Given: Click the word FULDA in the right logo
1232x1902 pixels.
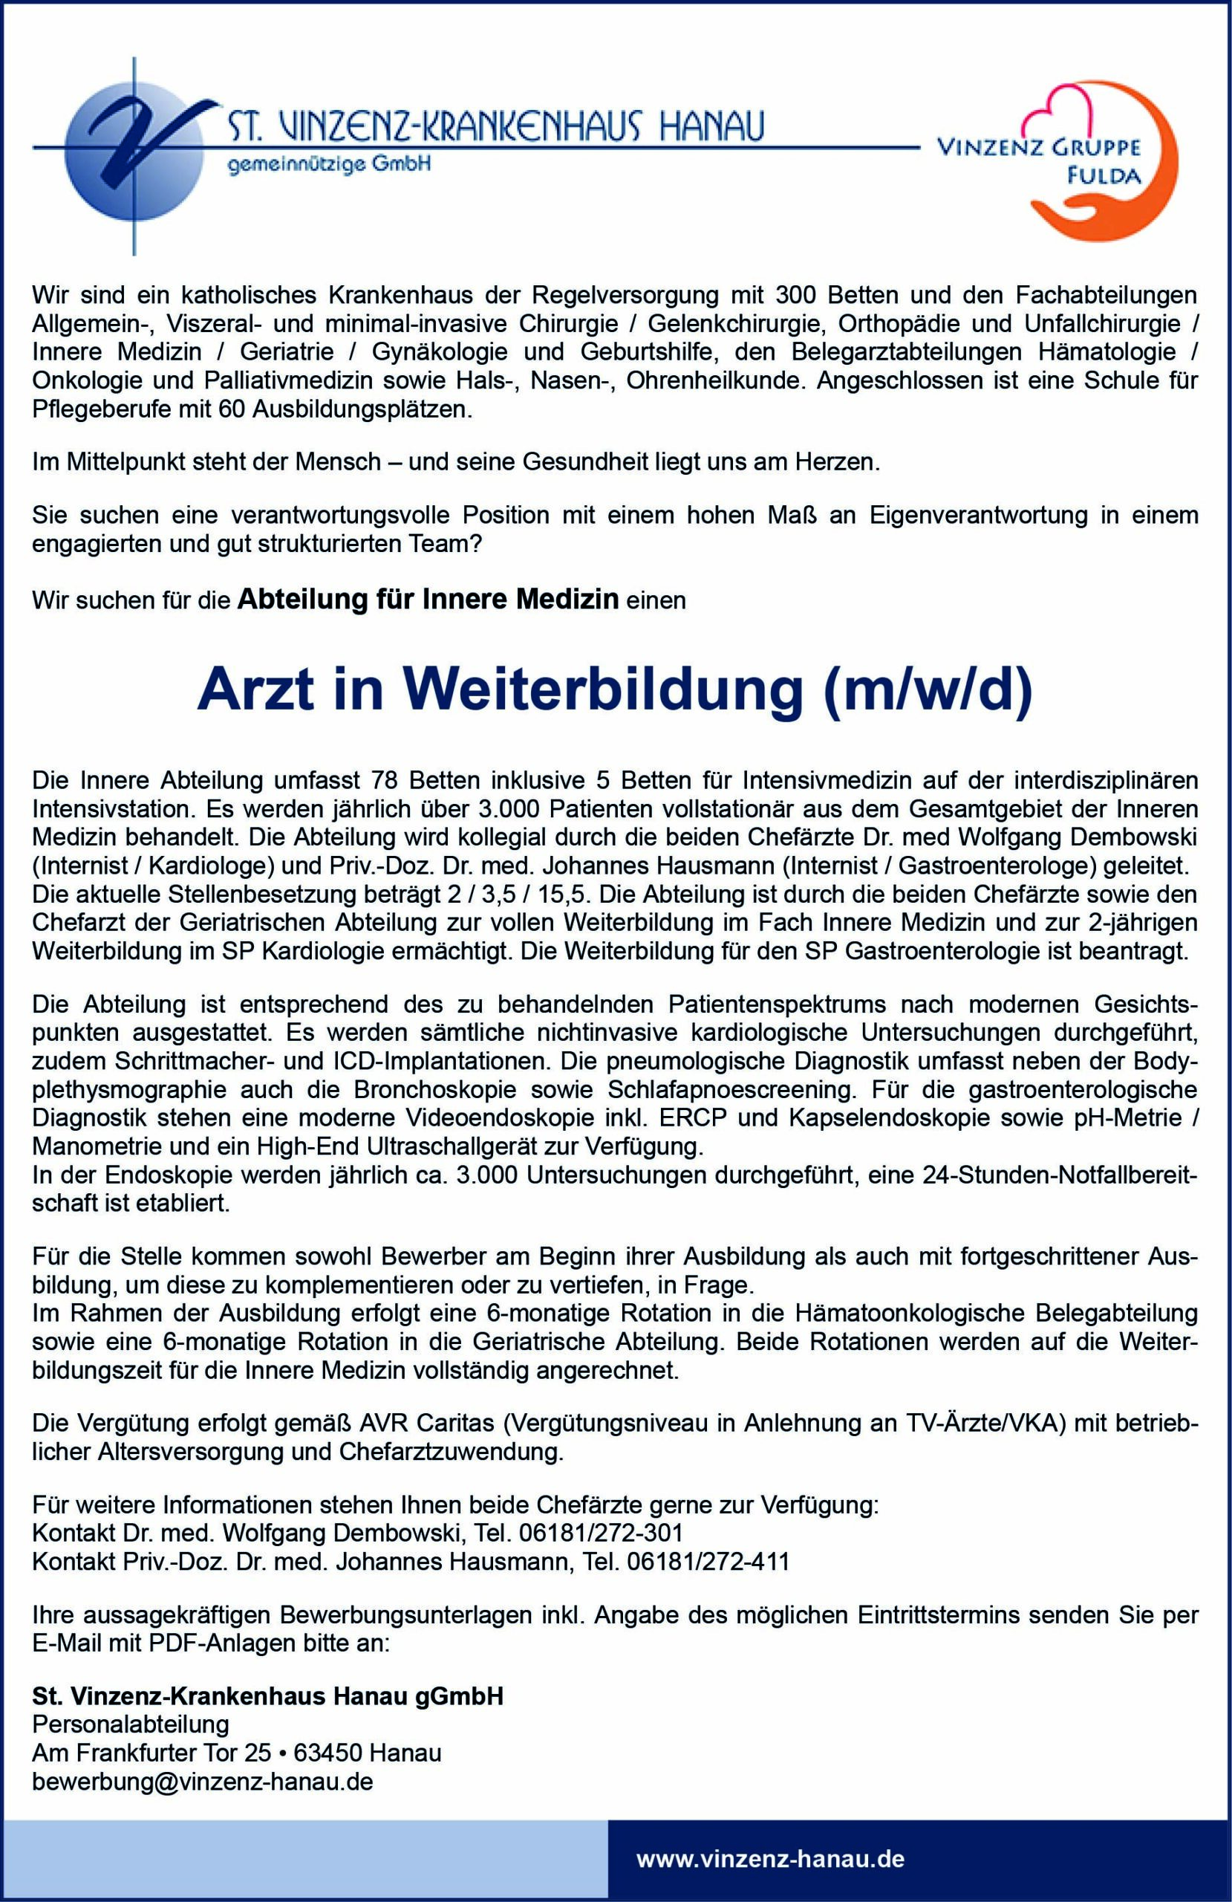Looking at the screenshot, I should [x=1105, y=177].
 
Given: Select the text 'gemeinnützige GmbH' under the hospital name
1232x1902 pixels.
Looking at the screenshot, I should [x=329, y=165].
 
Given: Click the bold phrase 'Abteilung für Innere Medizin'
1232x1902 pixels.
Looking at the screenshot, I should [x=429, y=599].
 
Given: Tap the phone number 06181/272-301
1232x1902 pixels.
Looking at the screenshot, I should [x=600, y=1533].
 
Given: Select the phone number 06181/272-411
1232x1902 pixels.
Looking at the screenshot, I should [x=708, y=1561].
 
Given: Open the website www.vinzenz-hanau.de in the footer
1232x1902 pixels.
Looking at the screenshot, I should [x=770, y=1859].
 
